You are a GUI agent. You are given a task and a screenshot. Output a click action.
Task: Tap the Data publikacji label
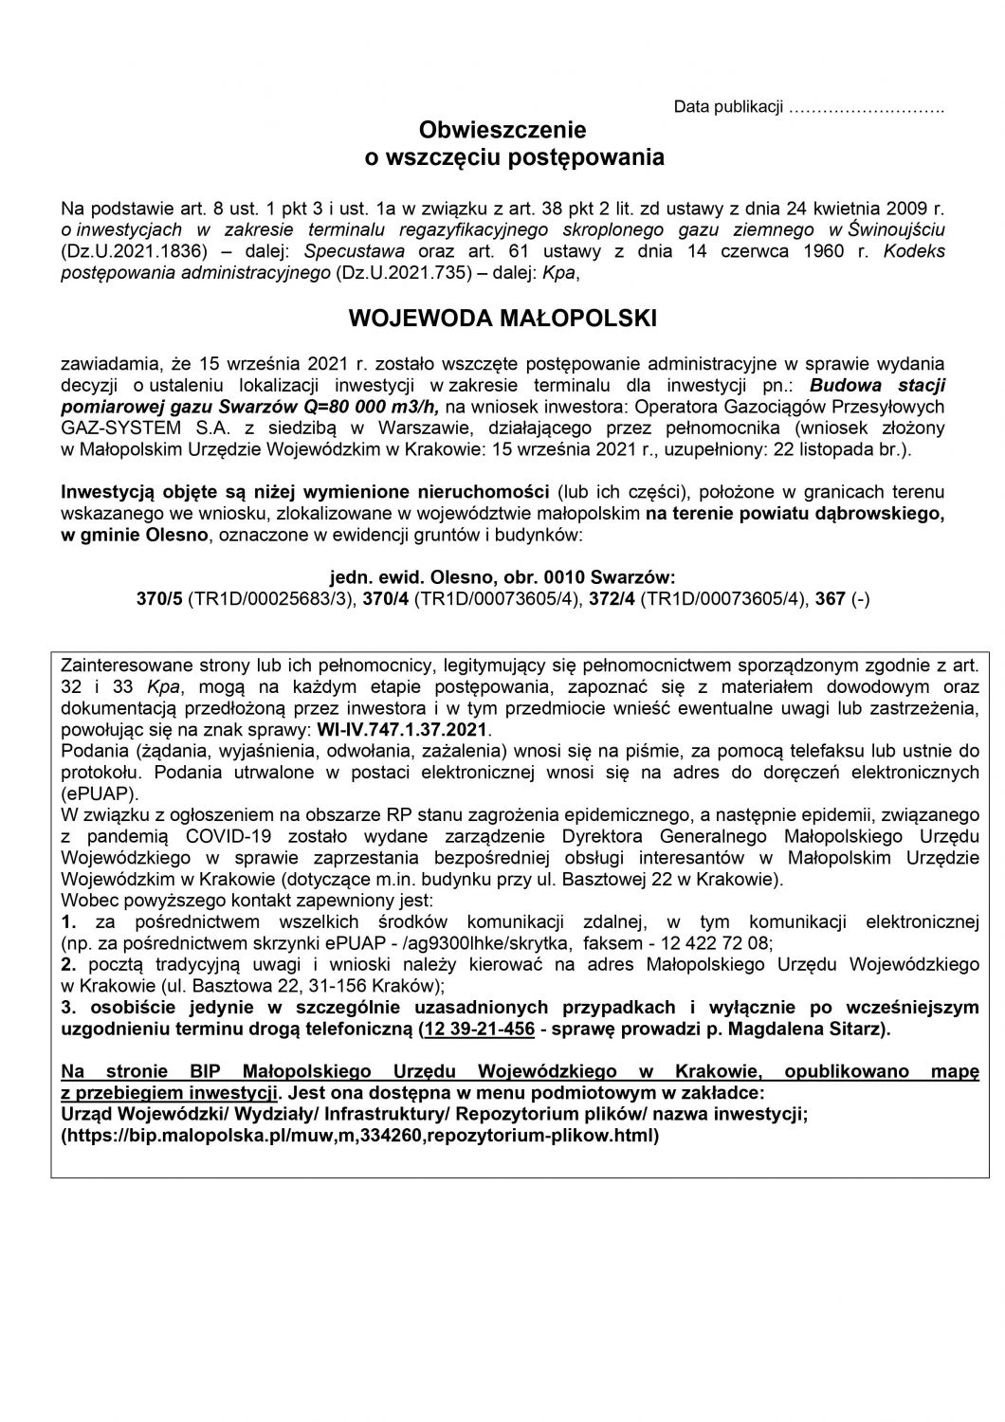728,107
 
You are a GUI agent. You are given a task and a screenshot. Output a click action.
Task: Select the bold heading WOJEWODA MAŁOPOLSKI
502,319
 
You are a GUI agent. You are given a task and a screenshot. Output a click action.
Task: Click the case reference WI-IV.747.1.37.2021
418,730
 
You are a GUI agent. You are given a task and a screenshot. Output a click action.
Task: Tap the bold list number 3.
66,1007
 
